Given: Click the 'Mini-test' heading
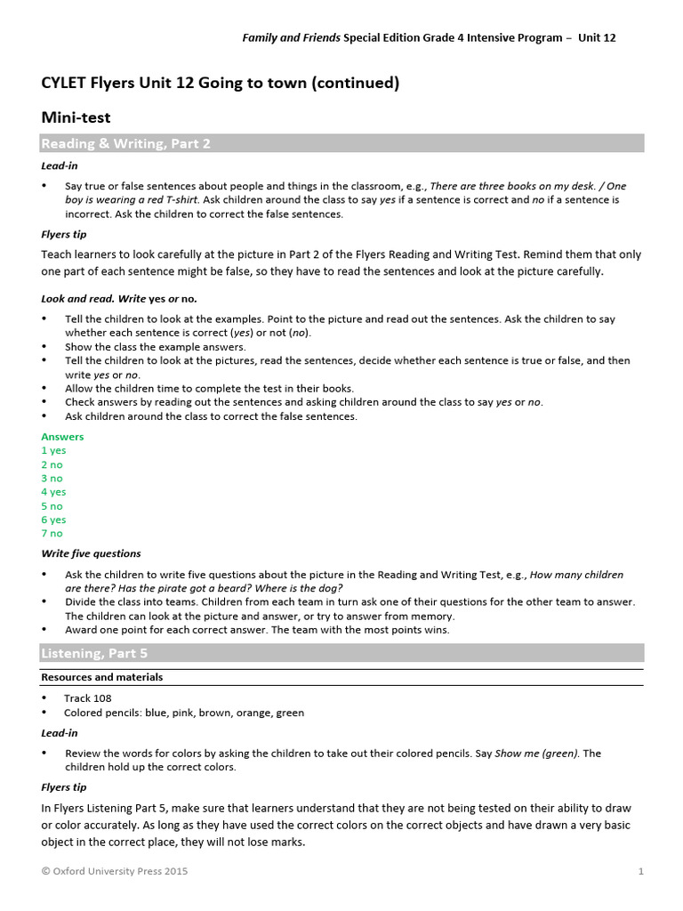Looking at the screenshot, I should coord(76,117).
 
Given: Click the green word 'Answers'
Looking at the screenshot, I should coord(62,437).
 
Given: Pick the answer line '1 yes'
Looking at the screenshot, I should coord(53,451).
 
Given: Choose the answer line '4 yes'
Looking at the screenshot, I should coord(53,492).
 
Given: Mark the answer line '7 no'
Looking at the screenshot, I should coord(52,534).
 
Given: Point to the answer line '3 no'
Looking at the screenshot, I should coord(52,479).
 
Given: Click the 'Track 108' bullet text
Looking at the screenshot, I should coord(88,698).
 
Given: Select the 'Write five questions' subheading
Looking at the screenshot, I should coord(91,553).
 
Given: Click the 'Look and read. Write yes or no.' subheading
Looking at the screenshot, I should coord(119,298).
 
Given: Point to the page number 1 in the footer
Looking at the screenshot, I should coord(640,872).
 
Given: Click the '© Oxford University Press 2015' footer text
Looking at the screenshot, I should coord(115,872).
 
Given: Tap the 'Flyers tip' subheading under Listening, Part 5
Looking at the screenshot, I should coord(64,787).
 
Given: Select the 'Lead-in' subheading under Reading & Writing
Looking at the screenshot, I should coord(59,165).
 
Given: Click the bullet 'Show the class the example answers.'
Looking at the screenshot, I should coord(156,347).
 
